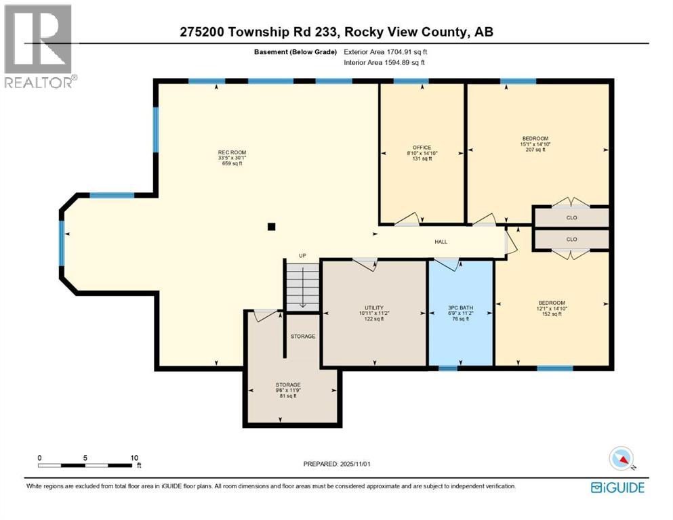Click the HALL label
click(441, 242)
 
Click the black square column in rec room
click(271, 227)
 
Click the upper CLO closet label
click(571, 219)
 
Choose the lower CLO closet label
click(571, 239)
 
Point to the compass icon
click(621, 459)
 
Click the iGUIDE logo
click(617, 487)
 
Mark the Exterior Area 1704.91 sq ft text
click(386, 51)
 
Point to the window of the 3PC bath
click(447, 369)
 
